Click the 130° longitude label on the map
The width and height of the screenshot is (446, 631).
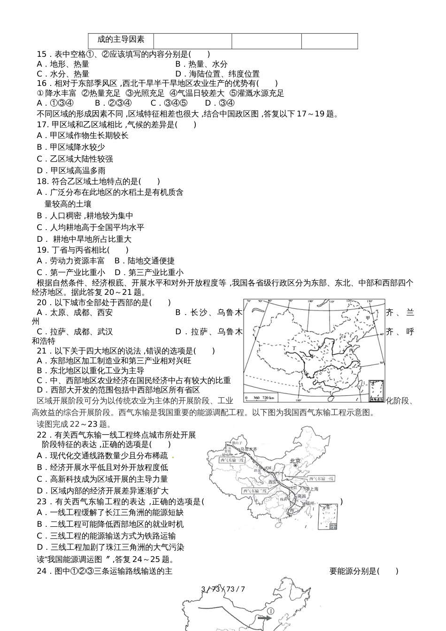click(348, 301)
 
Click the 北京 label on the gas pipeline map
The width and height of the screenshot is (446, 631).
click(295, 461)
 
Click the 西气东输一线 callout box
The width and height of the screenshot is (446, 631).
click(321, 478)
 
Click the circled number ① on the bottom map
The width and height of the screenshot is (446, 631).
click(271, 611)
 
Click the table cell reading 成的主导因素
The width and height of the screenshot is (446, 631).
click(121, 40)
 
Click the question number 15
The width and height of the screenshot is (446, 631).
click(41, 54)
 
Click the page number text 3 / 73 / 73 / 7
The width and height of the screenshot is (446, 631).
click(223, 589)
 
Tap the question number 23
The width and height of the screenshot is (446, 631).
click(41, 501)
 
